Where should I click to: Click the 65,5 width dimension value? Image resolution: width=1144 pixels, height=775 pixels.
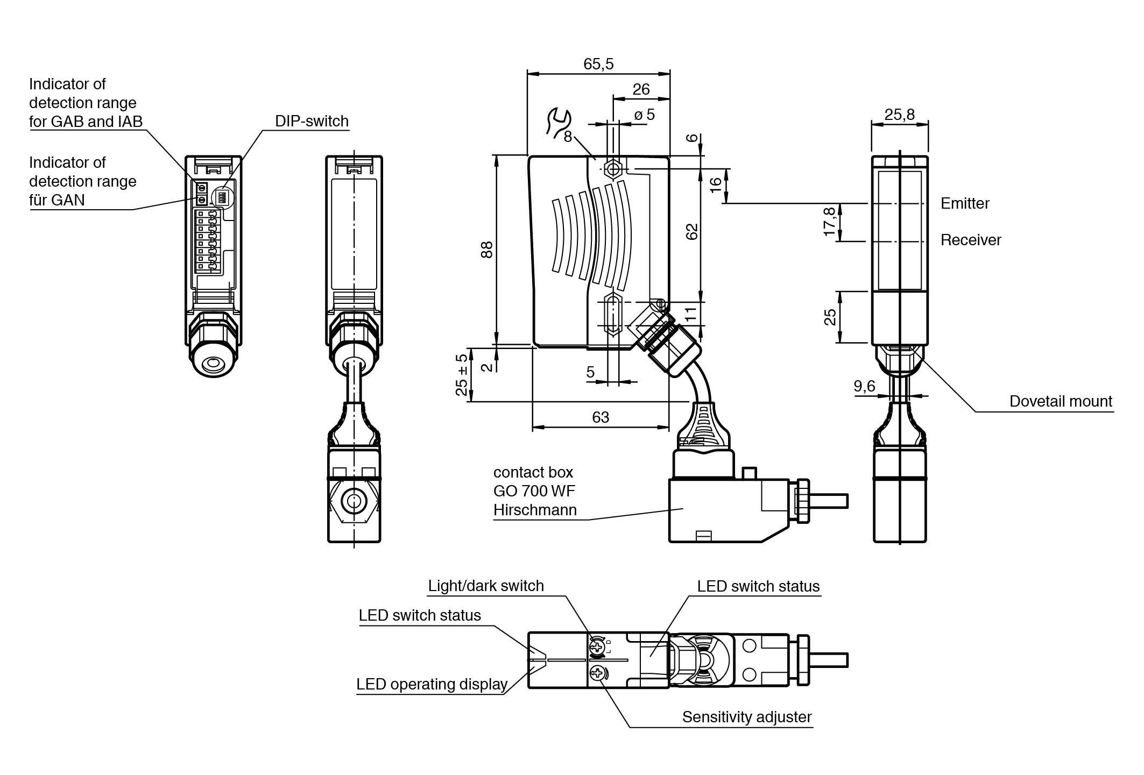click(x=598, y=64)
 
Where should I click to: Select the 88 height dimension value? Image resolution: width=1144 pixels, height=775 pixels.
click(x=487, y=250)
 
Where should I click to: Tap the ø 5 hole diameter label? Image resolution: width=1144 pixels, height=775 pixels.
click(x=644, y=115)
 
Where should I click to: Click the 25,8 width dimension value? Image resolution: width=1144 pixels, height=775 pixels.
click(x=899, y=115)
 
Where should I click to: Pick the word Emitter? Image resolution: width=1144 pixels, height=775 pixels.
click(x=965, y=203)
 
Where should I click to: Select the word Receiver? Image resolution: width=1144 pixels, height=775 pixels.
click(x=971, y=240)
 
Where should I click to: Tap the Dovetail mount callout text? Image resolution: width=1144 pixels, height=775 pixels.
click(x=1061, y=401)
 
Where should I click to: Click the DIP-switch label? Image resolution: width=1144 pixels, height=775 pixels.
click(x=312, y=121)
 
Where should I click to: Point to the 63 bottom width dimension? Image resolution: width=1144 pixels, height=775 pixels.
click(x=601, y=417)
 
